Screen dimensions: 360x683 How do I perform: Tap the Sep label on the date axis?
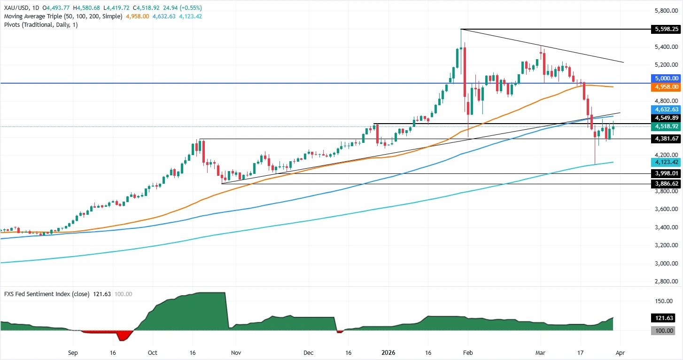tap(72, 352)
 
